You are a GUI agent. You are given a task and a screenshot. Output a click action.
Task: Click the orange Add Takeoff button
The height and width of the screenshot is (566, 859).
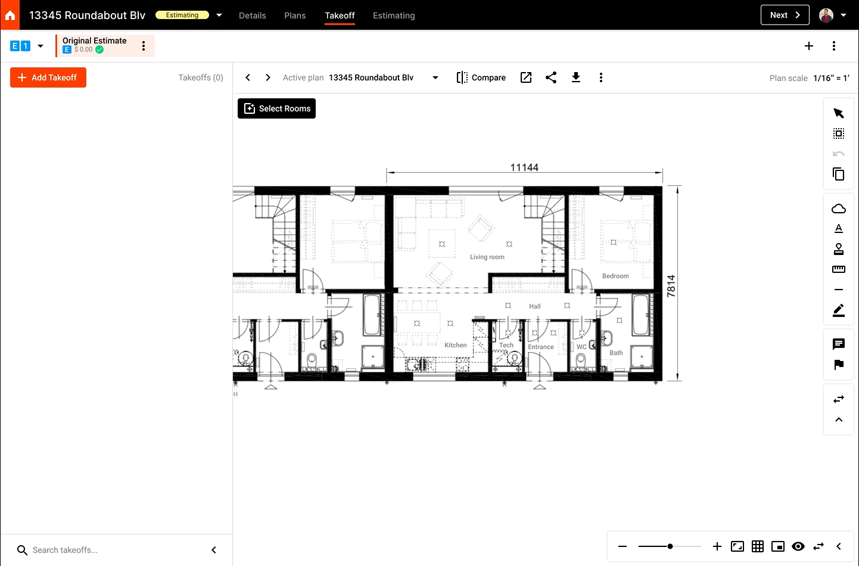pyautogui.click(x=48, y=77)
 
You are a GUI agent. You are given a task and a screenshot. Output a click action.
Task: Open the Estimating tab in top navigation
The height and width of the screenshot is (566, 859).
pyautogui.click(x=394, y=15)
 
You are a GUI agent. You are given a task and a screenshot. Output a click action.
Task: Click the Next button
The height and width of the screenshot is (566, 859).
pyautogui.click(x=785, y=15)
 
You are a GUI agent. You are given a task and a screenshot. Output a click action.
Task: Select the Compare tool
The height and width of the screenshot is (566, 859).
pyautogui.click(x=481, y=77)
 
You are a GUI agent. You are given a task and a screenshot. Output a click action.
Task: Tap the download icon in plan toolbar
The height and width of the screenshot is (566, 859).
pyautogui.click(x=576, y=77)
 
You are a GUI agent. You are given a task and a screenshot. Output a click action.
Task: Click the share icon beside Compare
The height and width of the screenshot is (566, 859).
pyautogui.click(x=551, y=77)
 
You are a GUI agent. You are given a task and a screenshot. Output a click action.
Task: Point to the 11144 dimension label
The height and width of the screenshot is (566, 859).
pyautogui.click(x=524, y=167)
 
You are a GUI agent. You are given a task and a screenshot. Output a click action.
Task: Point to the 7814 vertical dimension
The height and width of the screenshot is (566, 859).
pyautogui.click(x=671, y=286)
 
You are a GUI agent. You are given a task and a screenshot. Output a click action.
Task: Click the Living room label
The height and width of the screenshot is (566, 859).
pyautogui.click(x=487, y=257)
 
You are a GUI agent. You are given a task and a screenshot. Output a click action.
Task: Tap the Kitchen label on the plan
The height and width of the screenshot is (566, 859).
pyautogui.click(x=456, y=345)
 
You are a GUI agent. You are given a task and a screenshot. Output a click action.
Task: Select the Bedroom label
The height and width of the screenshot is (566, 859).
pyautogui.click(x=615, y=276)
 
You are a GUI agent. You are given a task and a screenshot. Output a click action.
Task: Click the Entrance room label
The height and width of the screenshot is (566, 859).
pyautogui.click(x=541, y=347)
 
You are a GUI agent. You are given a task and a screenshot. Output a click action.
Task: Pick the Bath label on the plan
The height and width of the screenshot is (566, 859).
pyautogui.click(x=616, y=353)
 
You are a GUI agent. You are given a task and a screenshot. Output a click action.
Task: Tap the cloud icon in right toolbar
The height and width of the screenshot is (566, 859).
pyautogui.click(x=839, y=209)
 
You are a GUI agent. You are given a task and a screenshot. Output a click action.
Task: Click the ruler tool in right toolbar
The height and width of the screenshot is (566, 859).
pyautogui.click(x=839, y=269)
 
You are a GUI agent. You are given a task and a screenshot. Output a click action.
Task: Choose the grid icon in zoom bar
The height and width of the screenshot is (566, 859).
pyautogui.click(x=758, y=546)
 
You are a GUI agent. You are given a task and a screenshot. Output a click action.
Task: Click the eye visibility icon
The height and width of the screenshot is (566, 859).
pyautogui.click(x=798, y=546)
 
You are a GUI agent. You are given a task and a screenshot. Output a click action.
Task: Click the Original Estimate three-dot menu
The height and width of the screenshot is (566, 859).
pyautogui.click(x=144, y=46)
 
